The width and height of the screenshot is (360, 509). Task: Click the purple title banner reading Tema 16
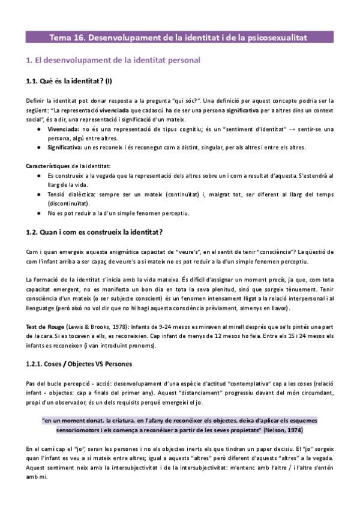(179, 38)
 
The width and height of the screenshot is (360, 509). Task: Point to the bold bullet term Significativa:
(63, 147)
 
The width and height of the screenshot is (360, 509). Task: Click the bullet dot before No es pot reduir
(39, 213)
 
